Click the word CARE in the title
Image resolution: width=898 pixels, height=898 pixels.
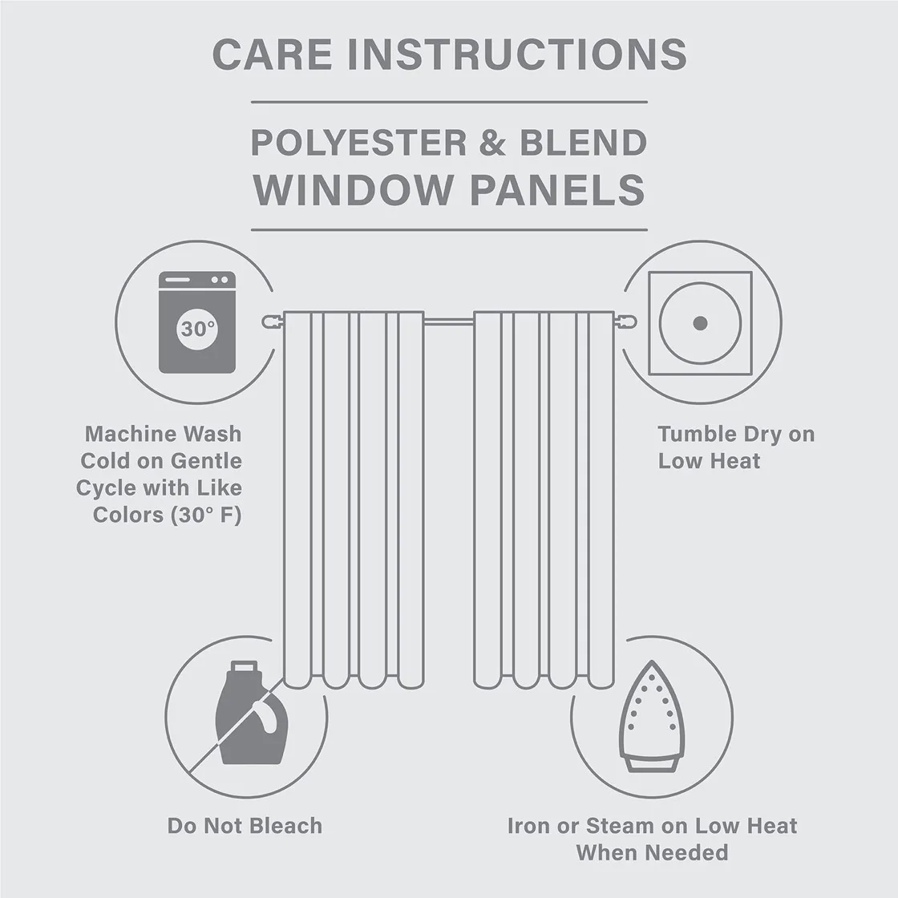point(273,54)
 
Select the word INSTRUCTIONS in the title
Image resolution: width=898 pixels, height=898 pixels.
point(519,54)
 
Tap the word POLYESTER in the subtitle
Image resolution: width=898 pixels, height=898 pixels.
point(358,143)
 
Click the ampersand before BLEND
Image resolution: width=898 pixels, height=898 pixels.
point(492,143)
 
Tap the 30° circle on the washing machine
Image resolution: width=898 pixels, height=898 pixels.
point(197,328)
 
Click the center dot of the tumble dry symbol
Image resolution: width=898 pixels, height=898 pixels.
point(700,323)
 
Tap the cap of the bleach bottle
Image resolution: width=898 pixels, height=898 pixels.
point(245,667)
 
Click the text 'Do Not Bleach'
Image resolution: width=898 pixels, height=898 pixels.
point(245,826)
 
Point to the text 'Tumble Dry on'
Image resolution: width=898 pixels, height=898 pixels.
point(735,435)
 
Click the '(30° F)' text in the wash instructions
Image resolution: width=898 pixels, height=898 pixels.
point(205,515)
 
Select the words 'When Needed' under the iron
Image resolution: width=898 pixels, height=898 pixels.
point(651,852)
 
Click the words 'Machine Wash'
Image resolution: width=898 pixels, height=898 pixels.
point(163,435)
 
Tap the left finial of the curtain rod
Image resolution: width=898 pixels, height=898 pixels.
point(271,322)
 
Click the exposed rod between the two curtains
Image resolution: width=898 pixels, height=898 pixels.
point(448,322)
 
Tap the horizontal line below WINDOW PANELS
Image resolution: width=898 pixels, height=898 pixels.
point(449,230)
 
